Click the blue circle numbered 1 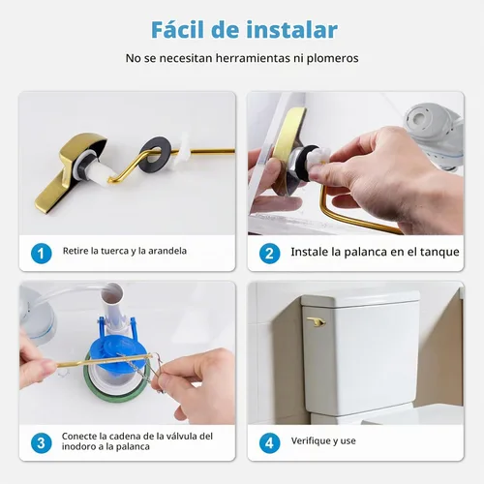coord(42,254)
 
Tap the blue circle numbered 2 coord(269,254)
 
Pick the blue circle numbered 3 coord(42,443)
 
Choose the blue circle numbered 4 coord(269,443)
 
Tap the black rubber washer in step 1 coord(155,153)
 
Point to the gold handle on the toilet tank coord(316,320)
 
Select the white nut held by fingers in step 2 coord(318,161)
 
